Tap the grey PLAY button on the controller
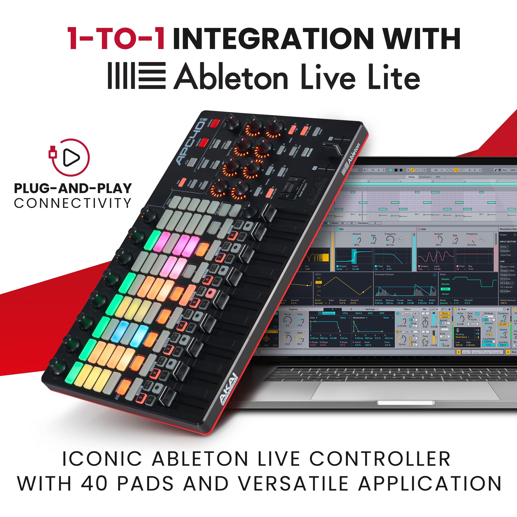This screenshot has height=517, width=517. click(x=192, y=162)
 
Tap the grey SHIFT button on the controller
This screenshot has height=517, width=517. click(x=305, y=152)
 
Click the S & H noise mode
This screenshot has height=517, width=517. click(x=445, y=289)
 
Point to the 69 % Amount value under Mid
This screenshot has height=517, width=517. click(x=357, y=245)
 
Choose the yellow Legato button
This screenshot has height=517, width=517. click(x=445, y=317)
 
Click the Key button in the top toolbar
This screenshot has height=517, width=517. click(x=504, y=170)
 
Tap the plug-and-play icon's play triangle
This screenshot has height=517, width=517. click(x=71, y=157)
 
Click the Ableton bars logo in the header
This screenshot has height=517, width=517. click(x=136, y=76)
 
